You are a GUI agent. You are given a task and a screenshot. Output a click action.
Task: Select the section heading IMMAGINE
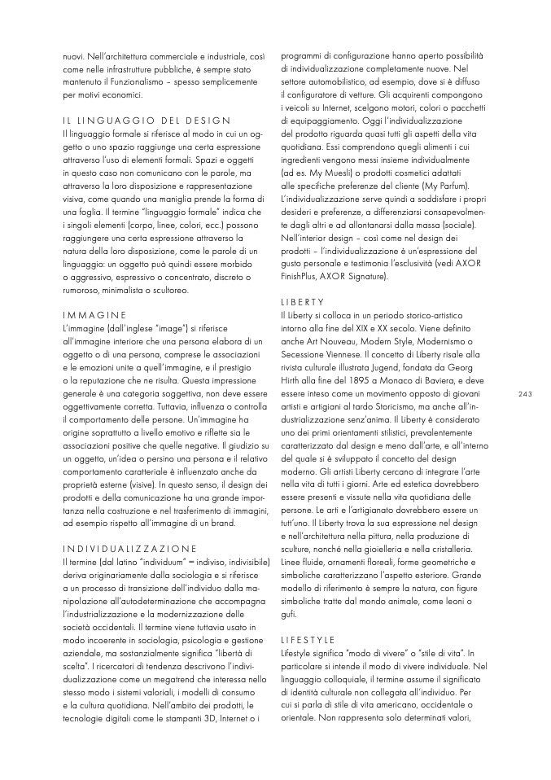[94, 314]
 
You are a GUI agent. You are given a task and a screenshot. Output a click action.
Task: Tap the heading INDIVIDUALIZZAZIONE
[129, 548]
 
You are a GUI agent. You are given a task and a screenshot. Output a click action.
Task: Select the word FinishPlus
[303, 277]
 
